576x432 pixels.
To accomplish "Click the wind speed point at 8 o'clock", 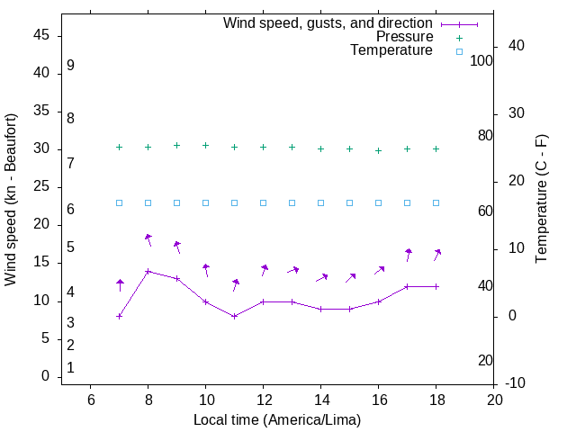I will coord(148,271).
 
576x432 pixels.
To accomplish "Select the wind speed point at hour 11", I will coord(235,316).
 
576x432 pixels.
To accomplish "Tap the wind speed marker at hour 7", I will coord(120,316).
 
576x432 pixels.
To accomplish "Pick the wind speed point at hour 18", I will coord(436,286).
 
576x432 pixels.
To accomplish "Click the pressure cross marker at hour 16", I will coord(379,150).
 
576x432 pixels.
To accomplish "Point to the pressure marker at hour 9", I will coord(177,145).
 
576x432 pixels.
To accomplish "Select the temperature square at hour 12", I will coord(264,202).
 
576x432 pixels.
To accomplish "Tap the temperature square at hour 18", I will coord(436,202).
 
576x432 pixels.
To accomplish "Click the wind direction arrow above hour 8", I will coord(148,239).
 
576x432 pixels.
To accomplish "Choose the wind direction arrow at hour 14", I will coord(321,278).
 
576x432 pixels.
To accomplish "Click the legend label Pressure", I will coord(404,37).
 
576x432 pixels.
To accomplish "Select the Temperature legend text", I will coord(391,50).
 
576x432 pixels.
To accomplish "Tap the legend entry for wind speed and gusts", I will coord(328,23).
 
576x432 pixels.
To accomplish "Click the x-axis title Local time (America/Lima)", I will coord(277,419).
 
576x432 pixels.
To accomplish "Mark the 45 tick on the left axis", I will coord(41,36).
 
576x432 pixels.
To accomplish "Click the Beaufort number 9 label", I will coord(70,66).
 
